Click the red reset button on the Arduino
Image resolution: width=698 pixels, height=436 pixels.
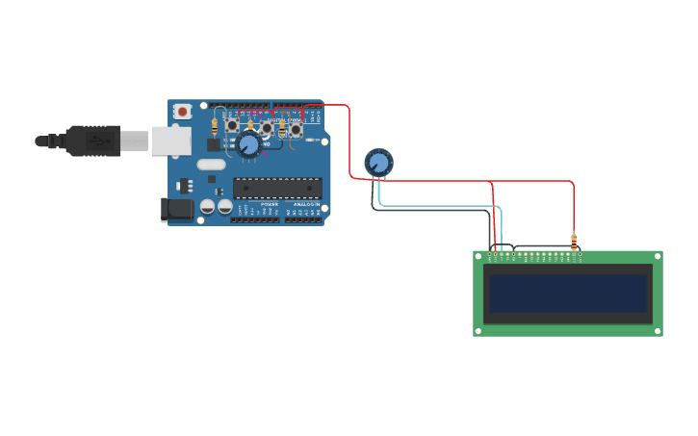[x=182, y=112]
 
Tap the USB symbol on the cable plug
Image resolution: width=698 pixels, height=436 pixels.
[x=97, y=141]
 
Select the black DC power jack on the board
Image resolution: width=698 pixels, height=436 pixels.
[x=176, y=209]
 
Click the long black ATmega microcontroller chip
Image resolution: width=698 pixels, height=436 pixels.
[x=277, y=188]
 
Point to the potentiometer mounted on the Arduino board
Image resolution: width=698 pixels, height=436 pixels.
[x=248, y=145]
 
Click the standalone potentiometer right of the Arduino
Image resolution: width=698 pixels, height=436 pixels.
[x=378, y=163]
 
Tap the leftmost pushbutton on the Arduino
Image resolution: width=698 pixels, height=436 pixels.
[x=232, y=125]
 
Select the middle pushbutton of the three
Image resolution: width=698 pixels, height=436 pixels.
[x=267, y=127]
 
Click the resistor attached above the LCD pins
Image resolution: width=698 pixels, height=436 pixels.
[x=574, y=242]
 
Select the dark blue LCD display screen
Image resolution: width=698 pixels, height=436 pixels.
[x=568, y=293]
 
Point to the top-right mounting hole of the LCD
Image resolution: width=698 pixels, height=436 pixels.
[x=659, y=255]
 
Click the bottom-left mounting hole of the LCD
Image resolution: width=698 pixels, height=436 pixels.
[x=478, y=332]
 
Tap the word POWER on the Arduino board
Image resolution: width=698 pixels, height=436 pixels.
[x=271, y=204]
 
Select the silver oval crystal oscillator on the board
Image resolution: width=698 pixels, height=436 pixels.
[x=211, y=164]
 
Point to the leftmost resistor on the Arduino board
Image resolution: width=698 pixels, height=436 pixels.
[x=214, y=125]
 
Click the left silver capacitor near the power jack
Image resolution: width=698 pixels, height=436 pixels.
[x=207, y=206]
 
